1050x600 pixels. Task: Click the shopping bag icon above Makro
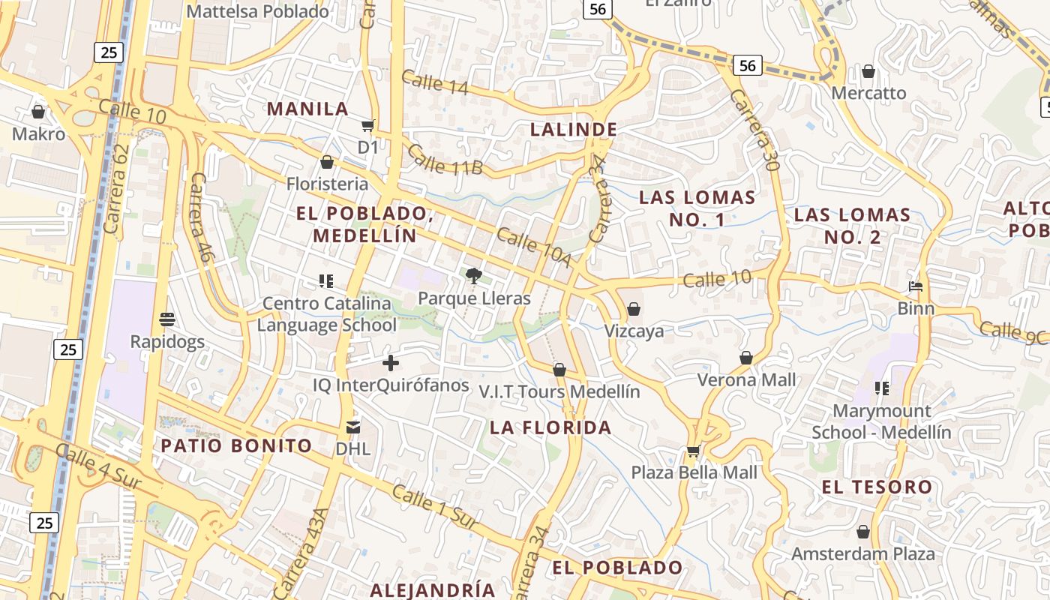click(x=38, y=112)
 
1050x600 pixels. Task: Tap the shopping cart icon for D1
click(x=367, y=125)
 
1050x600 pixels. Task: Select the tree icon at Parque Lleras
click(x=472, y=276)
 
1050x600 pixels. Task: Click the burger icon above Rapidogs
click(x=166, y=319)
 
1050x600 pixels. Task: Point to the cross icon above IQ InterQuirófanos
click(x=390, y=364)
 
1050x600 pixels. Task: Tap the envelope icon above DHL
click(x=352, y=427)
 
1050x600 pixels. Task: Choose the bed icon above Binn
click(x=915, y=286)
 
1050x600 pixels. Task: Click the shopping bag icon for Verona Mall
click(x=746, y=358)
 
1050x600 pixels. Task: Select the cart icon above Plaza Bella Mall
click(x=694, y=451)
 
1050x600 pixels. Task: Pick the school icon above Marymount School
click(x=881, y=388)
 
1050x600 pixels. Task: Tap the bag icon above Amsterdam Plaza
click(x=863, y=532)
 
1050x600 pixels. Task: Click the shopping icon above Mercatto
click(x=868, y=71)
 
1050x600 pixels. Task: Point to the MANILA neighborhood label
click(x=307, y=109)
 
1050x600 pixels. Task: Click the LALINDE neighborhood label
click(x=574, y=130)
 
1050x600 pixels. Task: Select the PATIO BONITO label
click(x=236, y=445)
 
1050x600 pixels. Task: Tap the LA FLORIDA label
click(x=551, y=428)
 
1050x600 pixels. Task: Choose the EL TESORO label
click(x=877, y=487)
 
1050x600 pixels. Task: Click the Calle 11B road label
click(x=445, y=159)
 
